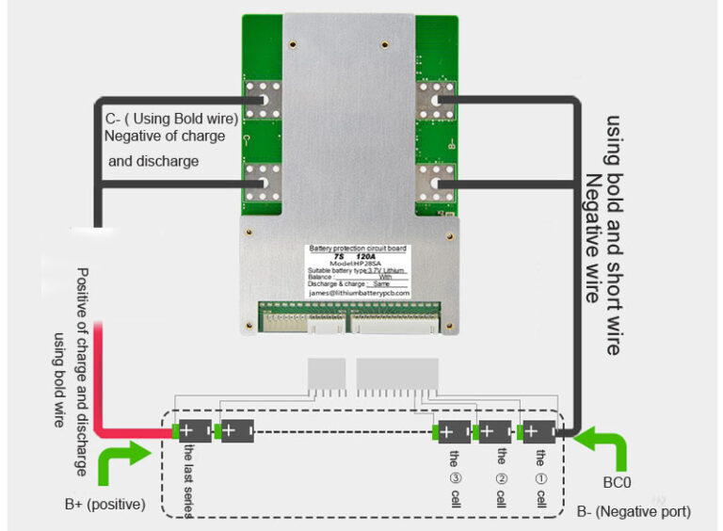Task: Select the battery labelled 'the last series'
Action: (x=194, y=431)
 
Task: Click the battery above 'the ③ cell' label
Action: (x=454, y=432)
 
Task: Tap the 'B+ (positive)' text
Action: (x=105, y=505)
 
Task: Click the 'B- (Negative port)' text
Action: (x=634, y=511)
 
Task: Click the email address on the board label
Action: (x=359, y=293)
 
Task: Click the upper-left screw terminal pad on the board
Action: (x=265, y=98)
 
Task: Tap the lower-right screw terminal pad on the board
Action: (x=433, y=180)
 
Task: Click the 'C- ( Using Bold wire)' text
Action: (x=170, y=118)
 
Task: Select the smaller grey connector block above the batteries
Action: (x=325, y=375)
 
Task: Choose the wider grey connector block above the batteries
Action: (x=398, y=375)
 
